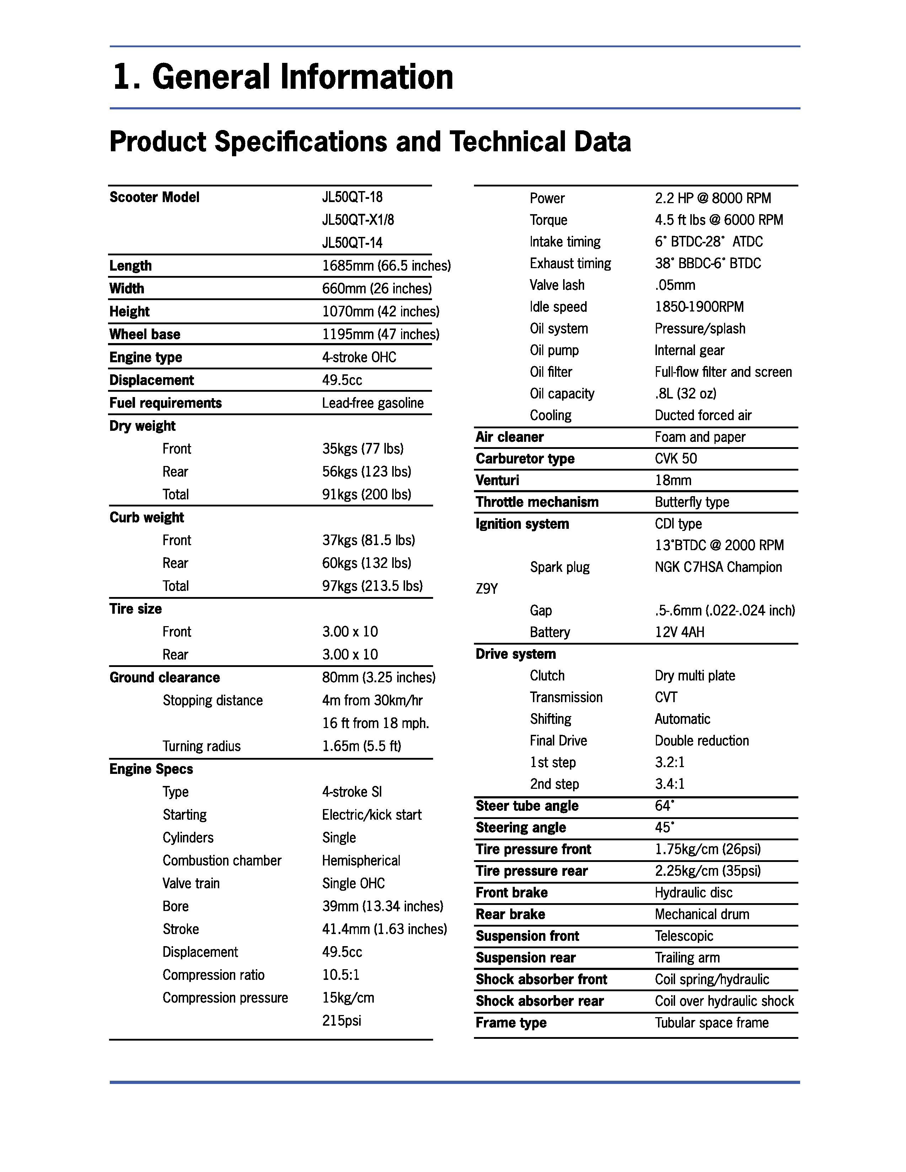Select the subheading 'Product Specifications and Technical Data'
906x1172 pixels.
tap(370, 142)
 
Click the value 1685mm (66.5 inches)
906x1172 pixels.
tap(386, 266)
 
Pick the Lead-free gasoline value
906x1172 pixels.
tap(372, 403)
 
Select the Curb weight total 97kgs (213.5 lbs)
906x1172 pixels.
tap(372, 586)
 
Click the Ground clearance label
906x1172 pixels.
tap(164, 678)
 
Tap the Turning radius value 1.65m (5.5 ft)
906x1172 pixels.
tap(361, 746)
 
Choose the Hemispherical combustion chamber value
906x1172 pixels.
tap(361, 861)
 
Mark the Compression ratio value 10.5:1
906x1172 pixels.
tap(340, 975)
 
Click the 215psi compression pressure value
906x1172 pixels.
tap(341, 1021)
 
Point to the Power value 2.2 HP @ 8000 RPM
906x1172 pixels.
tap(712, 199)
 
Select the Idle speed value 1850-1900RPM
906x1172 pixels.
tap(699, 307)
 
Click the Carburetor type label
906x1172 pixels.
tap(524, 459)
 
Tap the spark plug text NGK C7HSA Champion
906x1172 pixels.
tap(718, 567)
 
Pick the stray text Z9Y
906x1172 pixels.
tap(486, 589)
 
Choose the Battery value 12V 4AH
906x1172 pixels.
tap(679, 632)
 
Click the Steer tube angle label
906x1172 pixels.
tap(527, 806)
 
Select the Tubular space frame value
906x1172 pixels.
tap(711, 1023)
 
